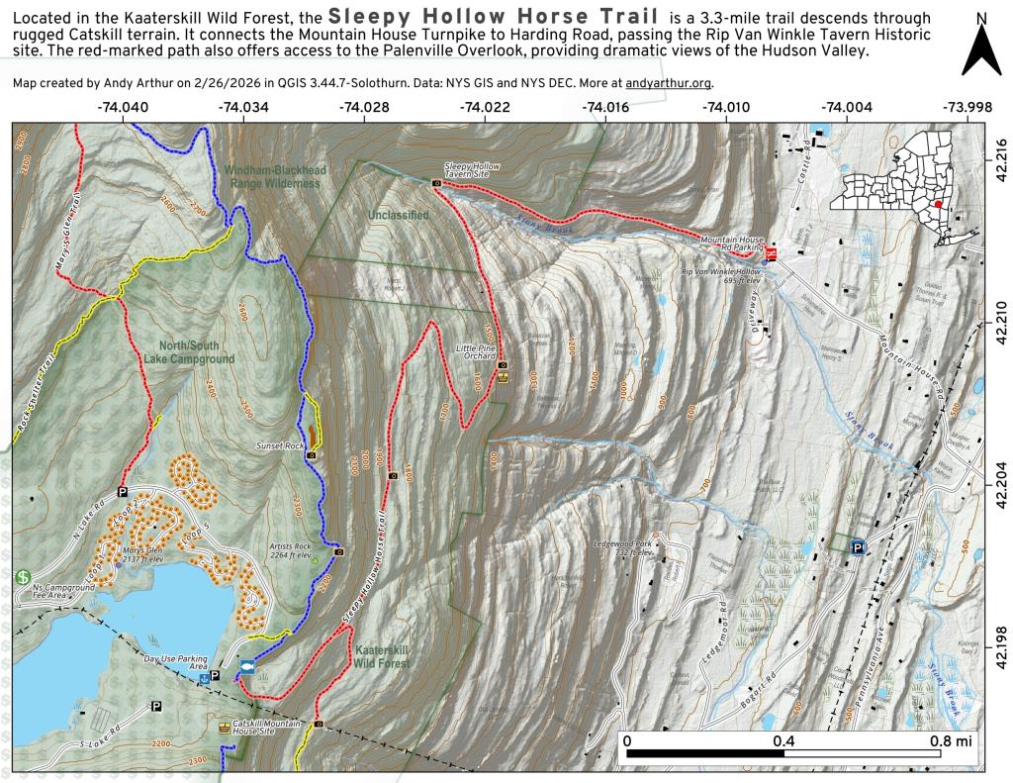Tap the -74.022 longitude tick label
[485, 107]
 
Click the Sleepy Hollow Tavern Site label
[468, 170]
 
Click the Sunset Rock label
[280, 445]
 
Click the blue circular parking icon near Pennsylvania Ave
[858, 545]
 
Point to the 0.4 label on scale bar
[783, 740]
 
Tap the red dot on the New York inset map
[937, 203]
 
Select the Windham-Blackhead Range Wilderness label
[272, 176]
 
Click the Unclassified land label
[398, 214]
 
